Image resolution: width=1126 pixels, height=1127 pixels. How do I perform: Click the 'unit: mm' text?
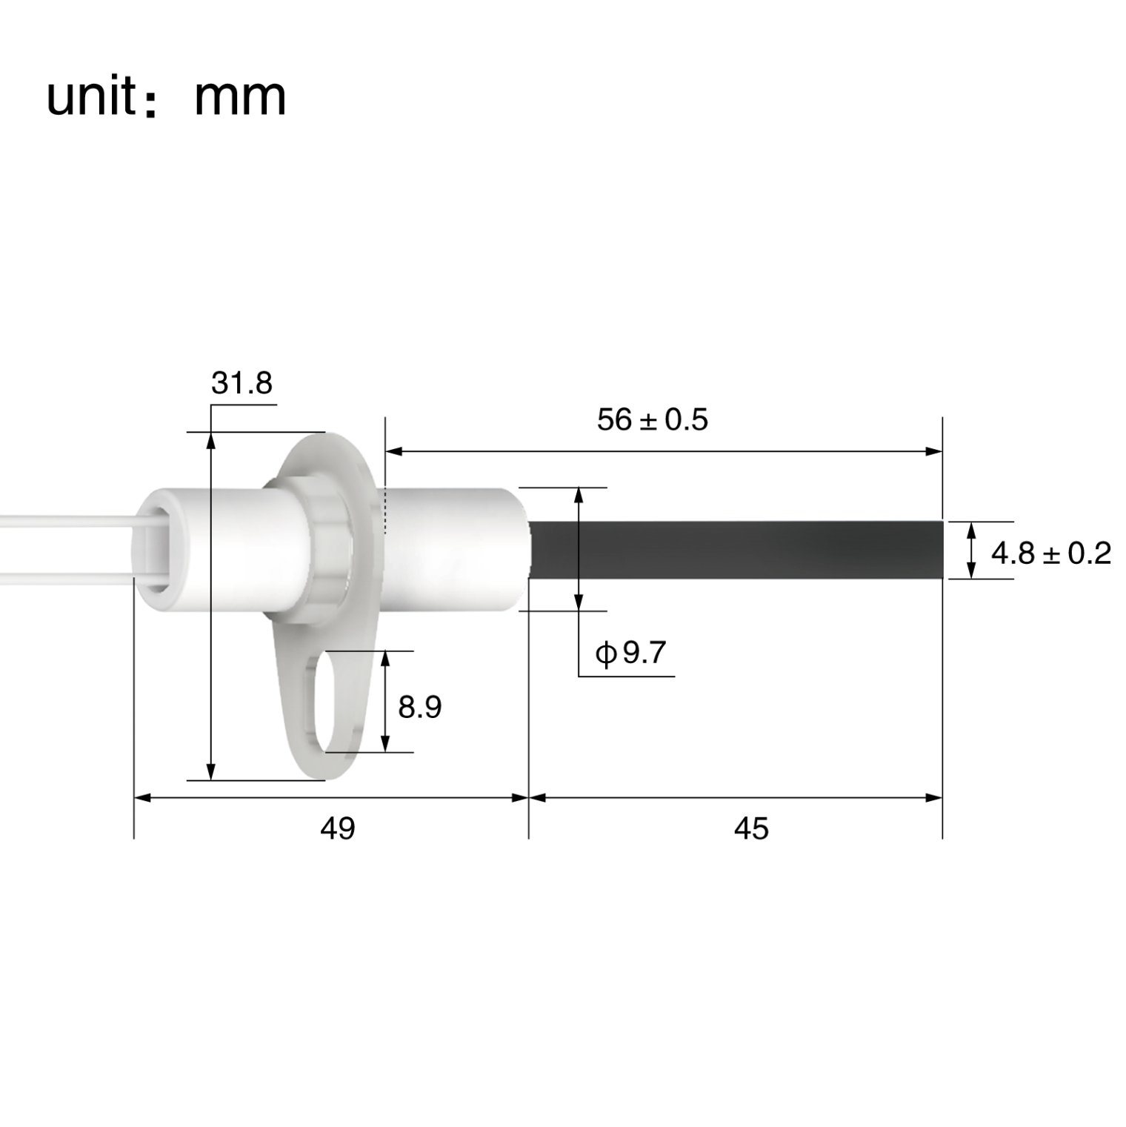click(x=166, y=97)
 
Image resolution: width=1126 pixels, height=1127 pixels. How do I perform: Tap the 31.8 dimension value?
click(x=241, y=383)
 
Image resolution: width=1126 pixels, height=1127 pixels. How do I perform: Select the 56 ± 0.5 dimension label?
click(x=652, y=420)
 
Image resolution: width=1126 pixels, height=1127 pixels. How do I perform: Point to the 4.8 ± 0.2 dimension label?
click(x=1050, y=553)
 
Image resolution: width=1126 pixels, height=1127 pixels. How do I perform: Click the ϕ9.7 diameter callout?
click(x=631, y=653)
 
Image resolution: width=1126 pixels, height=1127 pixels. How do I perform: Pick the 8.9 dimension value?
click(x=419, y=708)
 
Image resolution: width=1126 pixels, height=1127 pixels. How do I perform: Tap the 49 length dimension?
click(x=337, y=828)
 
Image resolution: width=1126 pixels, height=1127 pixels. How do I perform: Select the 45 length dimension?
click(x=751, y=828)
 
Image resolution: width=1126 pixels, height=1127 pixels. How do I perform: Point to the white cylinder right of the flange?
click(x=452, y=549)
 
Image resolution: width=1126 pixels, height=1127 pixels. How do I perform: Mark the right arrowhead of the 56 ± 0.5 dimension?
click(x=935, y=451)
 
